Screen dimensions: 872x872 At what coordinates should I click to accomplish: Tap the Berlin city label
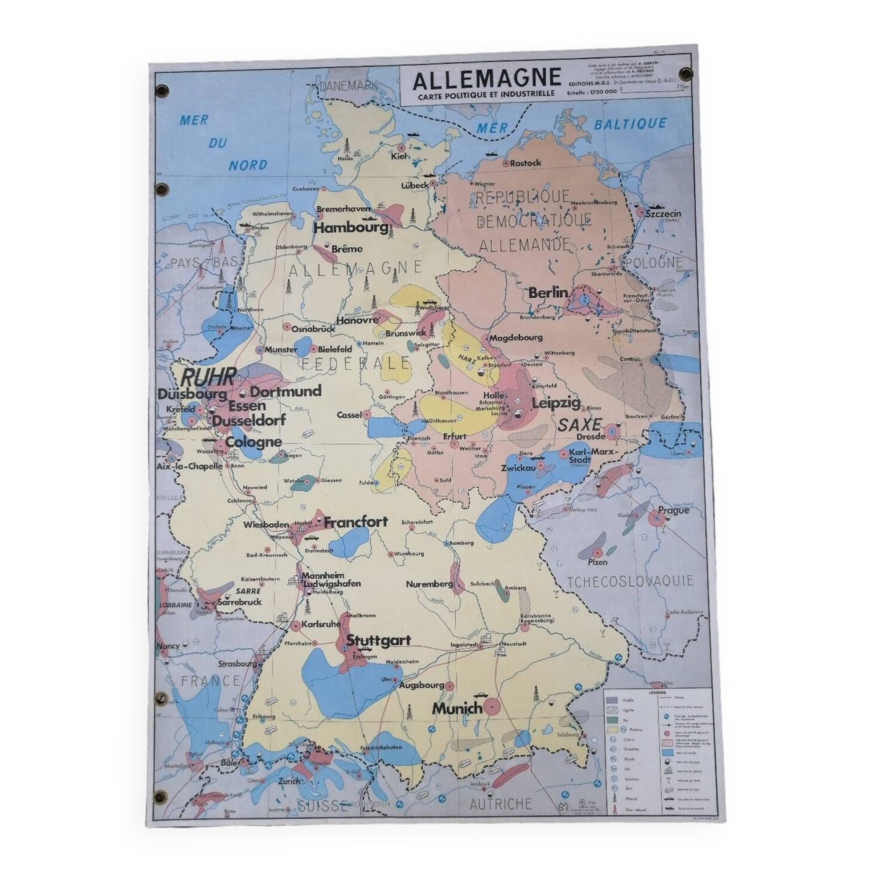tap(548, 293)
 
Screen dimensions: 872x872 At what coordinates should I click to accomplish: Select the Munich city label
tap(457, 708)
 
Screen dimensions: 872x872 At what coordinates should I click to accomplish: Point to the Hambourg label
tap(351, 228)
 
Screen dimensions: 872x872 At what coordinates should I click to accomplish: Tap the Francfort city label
tap(356, 522)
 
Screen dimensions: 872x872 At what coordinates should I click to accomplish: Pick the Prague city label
tap(674, 510)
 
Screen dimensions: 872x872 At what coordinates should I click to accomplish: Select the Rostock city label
tap(525, 163)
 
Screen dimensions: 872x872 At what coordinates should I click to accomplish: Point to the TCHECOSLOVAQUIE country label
tap(630, 581)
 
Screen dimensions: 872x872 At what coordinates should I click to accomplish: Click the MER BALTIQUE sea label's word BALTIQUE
tap(630, 124)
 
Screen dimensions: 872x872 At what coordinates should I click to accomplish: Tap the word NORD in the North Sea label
tap(248, 165)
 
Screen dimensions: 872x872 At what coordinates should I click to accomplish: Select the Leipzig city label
tap(556, 403)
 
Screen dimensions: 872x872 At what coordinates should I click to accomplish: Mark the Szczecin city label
tap(663, 214)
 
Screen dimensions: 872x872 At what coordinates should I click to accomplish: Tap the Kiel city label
tap(400, 156)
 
